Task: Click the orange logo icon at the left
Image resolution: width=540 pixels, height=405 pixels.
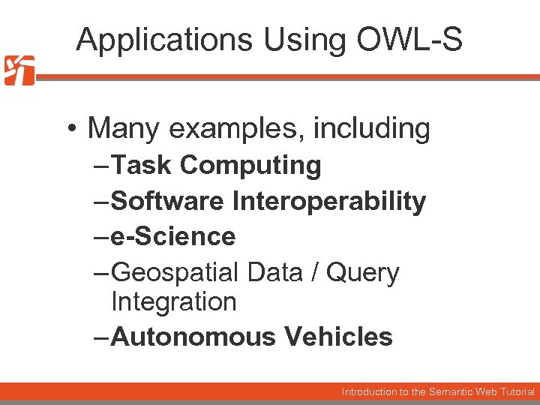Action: pyautogui.click(x=19, y=70)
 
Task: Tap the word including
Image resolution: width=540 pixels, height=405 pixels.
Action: pyautogui.click(x=372, y=129)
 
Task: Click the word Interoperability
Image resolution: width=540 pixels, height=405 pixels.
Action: pyautogui.click(x=329, y=201)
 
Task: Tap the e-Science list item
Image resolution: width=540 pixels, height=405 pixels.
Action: pyautogui.click(x=173, y=237)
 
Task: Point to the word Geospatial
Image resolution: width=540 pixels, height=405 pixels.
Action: pyautogui.click(x=175, y=273)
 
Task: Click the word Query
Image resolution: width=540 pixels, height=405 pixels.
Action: pyautogui.click(x=364, y=273)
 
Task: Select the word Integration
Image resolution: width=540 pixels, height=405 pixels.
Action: pyautogui.click(x=173, y=301)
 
